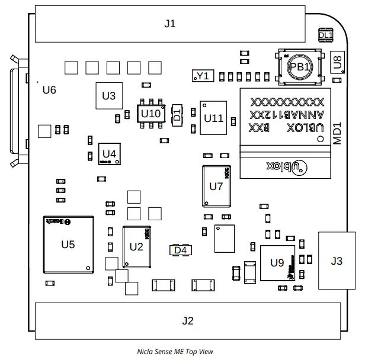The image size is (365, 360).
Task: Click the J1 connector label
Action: pos(170,24)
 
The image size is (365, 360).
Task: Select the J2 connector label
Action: pos(187,321)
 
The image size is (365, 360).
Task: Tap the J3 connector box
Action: pos(337,261)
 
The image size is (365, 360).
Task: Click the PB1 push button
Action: pos(299,67)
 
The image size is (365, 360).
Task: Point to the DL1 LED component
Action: pos(325,36)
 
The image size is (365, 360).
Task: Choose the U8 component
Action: pos(337,61)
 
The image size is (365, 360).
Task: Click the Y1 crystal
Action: pos(203,76)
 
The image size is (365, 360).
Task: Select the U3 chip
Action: pos(108,95)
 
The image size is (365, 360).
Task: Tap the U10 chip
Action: pos(150,112)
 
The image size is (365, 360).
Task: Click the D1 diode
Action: pos(177,115)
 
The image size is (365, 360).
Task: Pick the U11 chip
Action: pos(213,118)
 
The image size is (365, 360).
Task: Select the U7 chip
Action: pos(216,186)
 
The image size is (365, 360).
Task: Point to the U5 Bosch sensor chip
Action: pos(69,244)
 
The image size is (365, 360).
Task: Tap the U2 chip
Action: pos(136,246)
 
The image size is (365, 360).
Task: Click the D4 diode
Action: pos(181,250)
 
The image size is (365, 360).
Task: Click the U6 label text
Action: pos(49,90)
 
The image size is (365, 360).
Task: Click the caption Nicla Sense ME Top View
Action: pos(174,351)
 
